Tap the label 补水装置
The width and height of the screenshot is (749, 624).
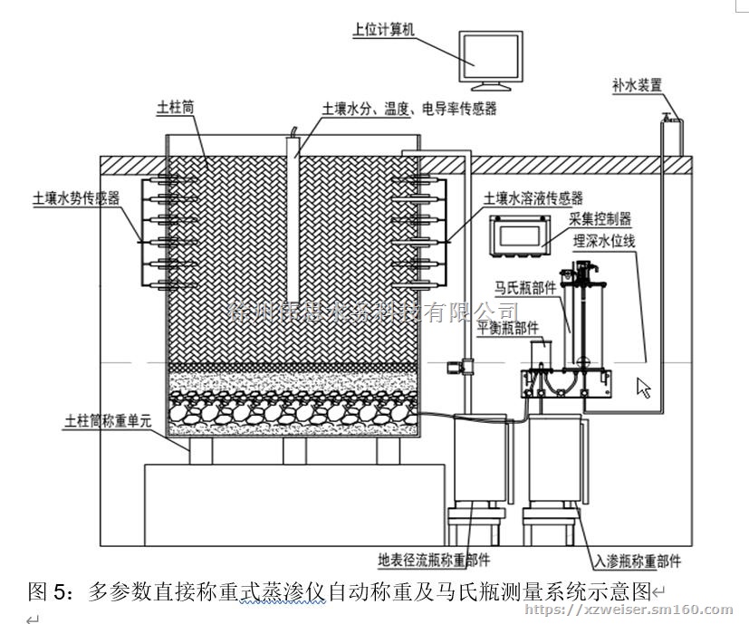coord(638,86)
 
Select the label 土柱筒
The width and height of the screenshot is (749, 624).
coord(176,107)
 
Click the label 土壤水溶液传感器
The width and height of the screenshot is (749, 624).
coord(533,197)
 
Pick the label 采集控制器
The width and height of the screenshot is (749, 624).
coord(600,218)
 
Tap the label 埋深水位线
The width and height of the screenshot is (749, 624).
coord(610,242)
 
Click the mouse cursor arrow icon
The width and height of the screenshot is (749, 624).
coord(645,388)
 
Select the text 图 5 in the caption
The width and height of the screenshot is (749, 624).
coord(45,593)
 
